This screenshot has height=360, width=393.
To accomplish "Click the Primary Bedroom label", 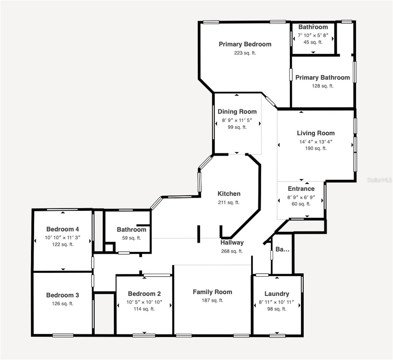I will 245,44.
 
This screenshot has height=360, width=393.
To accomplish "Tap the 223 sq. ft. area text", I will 245,53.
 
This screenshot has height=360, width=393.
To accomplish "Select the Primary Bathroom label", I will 322,78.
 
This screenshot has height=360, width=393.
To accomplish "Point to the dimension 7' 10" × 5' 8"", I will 313,35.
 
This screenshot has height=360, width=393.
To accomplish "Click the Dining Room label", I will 237,112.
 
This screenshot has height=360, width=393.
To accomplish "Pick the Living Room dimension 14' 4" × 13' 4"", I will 316,142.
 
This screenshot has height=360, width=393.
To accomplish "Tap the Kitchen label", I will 229,194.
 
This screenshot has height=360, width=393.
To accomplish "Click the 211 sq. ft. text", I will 229,202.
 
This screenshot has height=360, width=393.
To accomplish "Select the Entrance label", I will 301,189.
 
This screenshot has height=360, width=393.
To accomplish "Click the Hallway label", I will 232,243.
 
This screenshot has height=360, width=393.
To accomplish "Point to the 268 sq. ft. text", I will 232,251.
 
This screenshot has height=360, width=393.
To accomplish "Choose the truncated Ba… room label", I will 282,249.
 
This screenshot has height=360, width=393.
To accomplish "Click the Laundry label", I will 277,294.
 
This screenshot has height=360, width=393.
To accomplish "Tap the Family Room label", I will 212,292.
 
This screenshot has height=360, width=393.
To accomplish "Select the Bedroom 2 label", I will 144,294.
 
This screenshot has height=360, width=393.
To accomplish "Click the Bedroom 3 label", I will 62,295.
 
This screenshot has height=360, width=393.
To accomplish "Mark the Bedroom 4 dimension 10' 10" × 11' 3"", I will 62,237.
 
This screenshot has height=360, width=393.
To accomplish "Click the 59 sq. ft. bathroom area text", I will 131,238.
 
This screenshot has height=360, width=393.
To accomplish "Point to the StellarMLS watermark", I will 380,180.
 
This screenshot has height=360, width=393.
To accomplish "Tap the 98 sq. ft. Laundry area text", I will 277,309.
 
